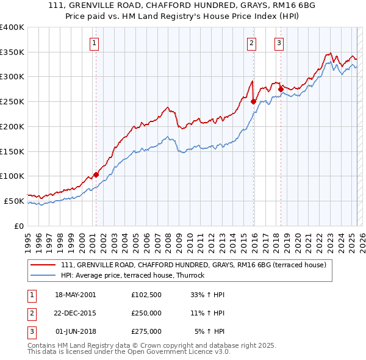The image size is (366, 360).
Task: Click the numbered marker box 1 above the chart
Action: pyautogui.click(x=95, y=43)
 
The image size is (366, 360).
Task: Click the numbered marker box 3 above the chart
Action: pyautogui.click(x=279, y=43)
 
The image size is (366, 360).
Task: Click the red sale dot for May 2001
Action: pyautogui.click(x=96, y=175)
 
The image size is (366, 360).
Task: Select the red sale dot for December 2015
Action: pyautogui.click(x=253, y=102)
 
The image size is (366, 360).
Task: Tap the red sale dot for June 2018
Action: pyautogui.click(x=280, y=89)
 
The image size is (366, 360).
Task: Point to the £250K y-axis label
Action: pyautogui.click(x=12, y=101)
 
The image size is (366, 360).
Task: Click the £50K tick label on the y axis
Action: pyautogui.click(x=14, y=201)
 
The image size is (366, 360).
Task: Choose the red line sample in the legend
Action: pyautogui.click(x=43, y=265)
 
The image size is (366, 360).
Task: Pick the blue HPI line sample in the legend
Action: pyautogui.click(x=43, y=275)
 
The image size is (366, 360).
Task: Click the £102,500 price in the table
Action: pyautogui.click(x=146, y=294)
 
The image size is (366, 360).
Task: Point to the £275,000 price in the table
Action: pyautogui.click(x=146, y=331)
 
